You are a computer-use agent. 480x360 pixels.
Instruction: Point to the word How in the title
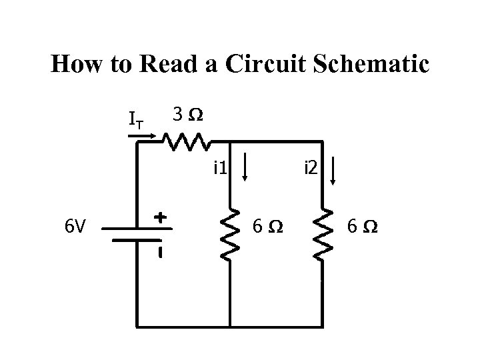tap(75, 64)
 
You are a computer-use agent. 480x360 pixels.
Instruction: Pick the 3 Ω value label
tap(188, 115)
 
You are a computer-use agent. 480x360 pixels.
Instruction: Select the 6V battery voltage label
tap(75, 227)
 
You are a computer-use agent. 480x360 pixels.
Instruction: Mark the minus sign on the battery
tap(160, 253)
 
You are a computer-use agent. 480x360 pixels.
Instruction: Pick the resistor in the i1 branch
tap(230, 233)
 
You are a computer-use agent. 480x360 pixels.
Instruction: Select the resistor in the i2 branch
tap(322, 233)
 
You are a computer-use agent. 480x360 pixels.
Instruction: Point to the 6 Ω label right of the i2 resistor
tap(363, 227)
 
